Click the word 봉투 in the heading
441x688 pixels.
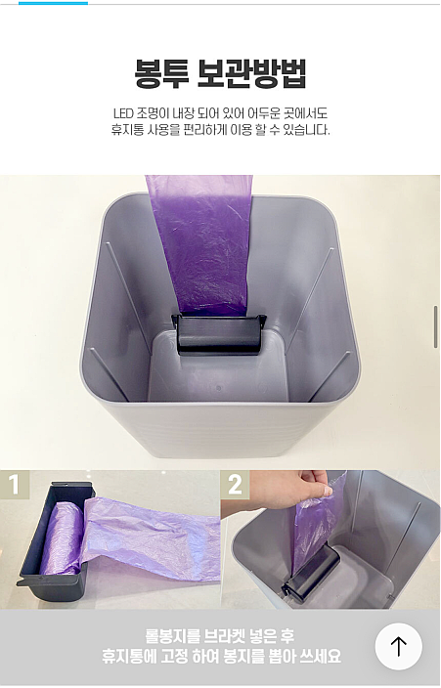click(161, 74)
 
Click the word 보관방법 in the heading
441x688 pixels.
click(251, 74)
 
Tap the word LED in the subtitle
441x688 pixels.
click(123, 113)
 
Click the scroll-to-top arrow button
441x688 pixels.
click(398, 646)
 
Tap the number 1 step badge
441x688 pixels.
click(15, 485)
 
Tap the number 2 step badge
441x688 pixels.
click(235, 485)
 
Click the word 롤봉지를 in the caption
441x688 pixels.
click(173, 636)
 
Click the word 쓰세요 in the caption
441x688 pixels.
click(320, 657)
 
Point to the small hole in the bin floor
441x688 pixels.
click(218, 388)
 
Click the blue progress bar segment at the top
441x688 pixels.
click(53, 3)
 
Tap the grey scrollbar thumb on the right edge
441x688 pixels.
click(436, 326)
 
